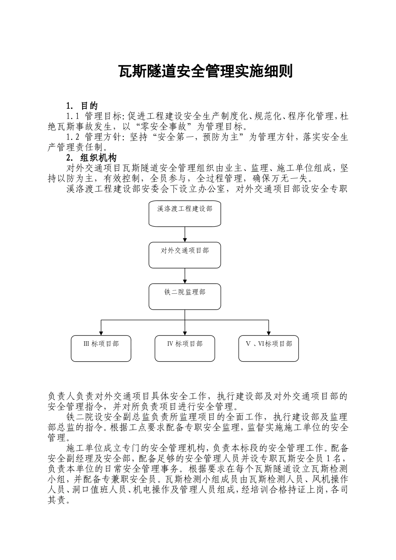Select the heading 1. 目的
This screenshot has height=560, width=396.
[82, 106]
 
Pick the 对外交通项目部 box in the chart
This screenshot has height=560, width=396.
[185, 255]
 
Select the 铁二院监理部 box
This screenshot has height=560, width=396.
[185, 296]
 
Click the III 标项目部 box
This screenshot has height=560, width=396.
[101, 348]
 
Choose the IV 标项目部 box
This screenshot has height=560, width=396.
[185, 348]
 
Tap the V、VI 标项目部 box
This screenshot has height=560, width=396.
[268, 348]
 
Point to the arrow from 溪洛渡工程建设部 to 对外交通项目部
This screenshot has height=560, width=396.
[185, 235]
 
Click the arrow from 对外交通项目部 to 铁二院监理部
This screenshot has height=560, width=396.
[185, 276]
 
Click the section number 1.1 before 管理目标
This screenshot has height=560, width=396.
[73, 116]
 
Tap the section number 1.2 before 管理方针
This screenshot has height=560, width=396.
[73, 137]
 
